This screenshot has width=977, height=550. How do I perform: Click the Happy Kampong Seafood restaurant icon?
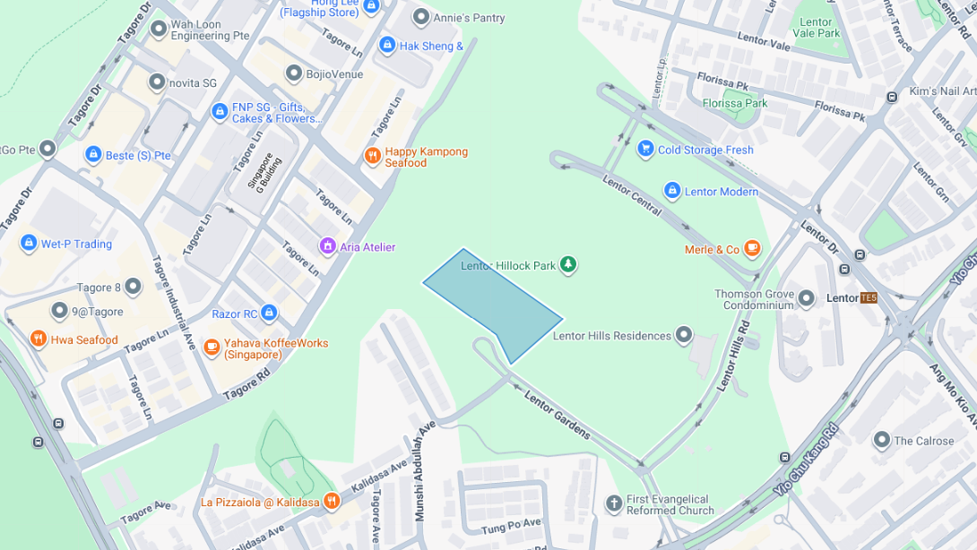(x=373, y=156)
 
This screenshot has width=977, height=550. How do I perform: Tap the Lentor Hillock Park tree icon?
(x=567, y=265)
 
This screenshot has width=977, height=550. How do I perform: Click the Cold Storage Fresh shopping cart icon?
(x=645, y=149)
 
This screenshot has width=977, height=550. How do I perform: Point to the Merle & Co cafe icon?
(x=752, y=249)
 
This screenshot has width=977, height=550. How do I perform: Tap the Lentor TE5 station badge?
(x=868, y=298)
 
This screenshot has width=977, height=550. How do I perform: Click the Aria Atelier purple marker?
(x=328, y=246)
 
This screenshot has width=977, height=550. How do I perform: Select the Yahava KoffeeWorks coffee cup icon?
(x=212, y=347)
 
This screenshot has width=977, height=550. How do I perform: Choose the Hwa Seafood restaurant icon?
(x=38, y=339)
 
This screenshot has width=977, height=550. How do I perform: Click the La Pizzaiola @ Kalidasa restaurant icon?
(x=332, y=501)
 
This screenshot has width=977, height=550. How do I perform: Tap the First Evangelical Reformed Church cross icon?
(x=614, y=503)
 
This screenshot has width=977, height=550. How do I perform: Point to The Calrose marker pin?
(x=881, y=440)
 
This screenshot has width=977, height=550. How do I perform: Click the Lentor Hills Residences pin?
(x=684, y=335)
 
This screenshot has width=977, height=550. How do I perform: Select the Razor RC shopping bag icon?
(x=269, y=314)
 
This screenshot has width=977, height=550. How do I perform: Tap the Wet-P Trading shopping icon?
(x=29, y=244)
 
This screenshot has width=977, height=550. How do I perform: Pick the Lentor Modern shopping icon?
(x=672, y=191)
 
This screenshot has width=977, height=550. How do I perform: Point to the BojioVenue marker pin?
(x=294, y=73)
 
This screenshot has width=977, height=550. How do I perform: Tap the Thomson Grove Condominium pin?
(x=806, y=298)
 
